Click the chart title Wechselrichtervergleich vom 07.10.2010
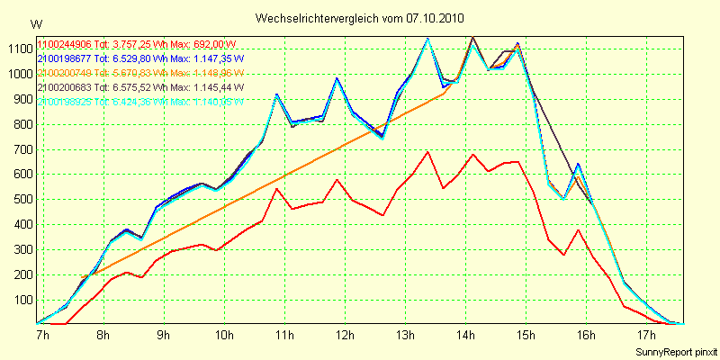tap(359, 18)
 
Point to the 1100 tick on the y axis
tap(17, 49)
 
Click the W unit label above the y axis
tap(35, 23)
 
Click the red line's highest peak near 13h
tap(428, 152)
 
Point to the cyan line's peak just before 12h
tap(337, 79)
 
